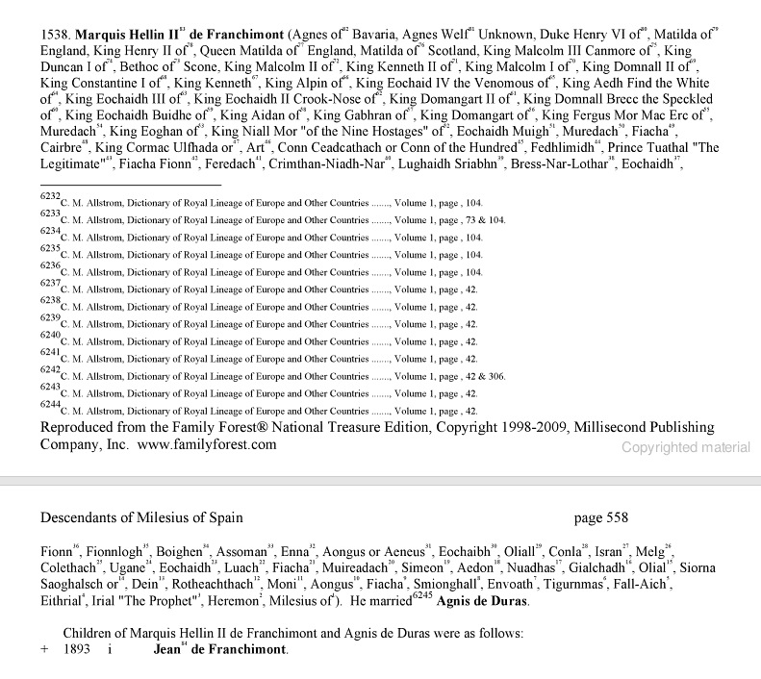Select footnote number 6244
(x=50, y=404)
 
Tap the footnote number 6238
(x=50, y=300)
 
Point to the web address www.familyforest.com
(x=207, y=445)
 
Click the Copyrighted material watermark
(x=685, y=447)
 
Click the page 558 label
(x=600, y=517)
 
